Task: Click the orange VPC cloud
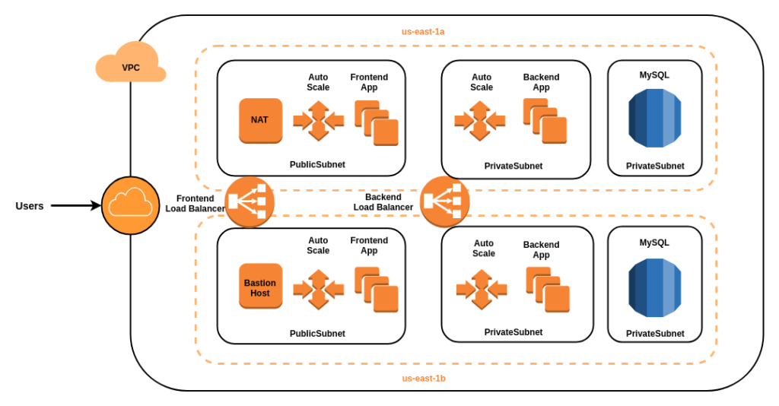(x=130, y=64)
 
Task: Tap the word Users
(x=30, y=205)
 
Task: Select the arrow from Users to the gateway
(x=75, y=205)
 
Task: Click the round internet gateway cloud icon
(x=130, y=205)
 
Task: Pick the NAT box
(x=260, y=120)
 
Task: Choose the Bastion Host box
(x=260, y=286)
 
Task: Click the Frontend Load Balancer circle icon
(x=250, y=201)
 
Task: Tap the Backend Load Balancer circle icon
(x=444, y=201)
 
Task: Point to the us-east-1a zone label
(x=423, y=32)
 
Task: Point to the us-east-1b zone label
(x=424, y=379)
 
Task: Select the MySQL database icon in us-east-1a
(x=654, y=118)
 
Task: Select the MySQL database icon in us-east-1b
(x=654, y=287)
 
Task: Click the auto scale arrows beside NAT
(x=318, y=120)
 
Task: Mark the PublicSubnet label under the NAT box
(x=317, y=164)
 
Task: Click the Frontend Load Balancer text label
(x=195, y=203)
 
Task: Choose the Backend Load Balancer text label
(x=383, y=201)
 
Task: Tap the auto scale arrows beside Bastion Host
(x=318, y=289)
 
